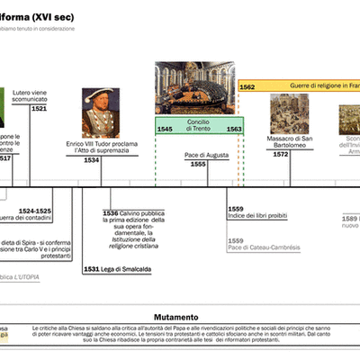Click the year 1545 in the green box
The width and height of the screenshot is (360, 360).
point(166,130)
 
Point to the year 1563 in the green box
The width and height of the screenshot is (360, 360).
point(233,130)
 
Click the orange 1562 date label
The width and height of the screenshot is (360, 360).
point(248,86)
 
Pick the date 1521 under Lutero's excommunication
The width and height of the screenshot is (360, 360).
point(39,108)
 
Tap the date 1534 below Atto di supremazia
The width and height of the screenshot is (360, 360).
point(92,160)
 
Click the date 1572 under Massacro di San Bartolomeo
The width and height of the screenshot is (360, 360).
point(281,155)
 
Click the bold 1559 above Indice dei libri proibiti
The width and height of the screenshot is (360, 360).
point(236,209)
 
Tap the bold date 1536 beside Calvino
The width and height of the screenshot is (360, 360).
point(110,212)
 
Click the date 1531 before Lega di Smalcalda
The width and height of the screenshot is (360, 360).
point(91,269)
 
